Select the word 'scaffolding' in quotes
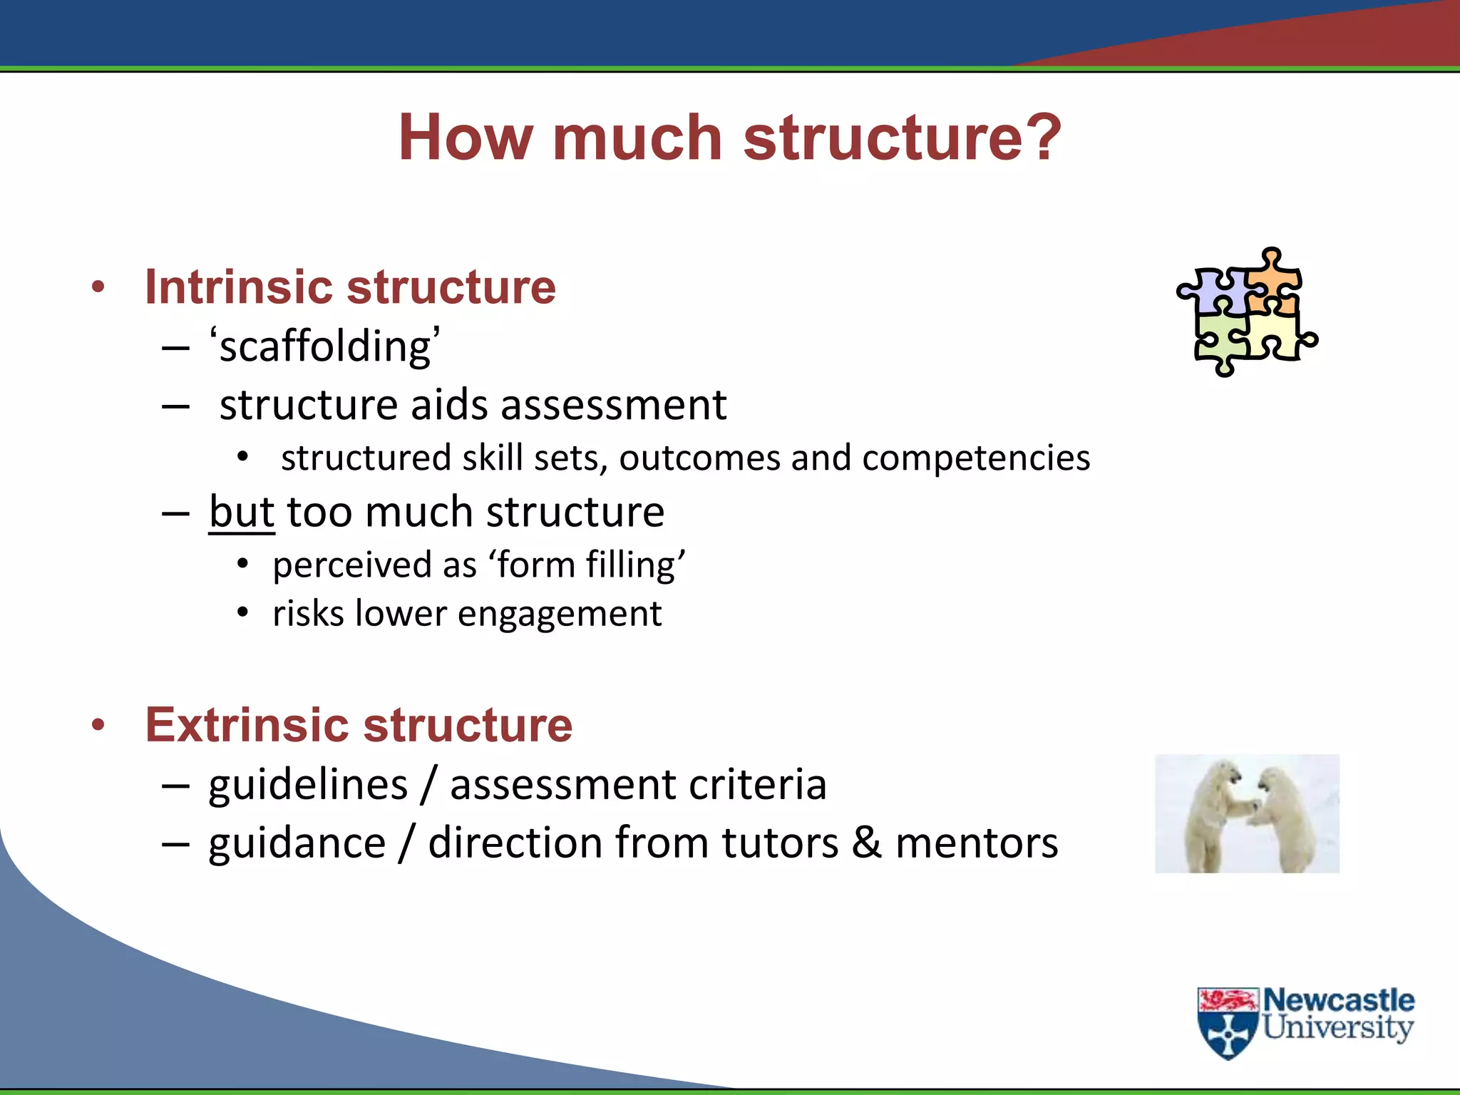(x=325, y=346)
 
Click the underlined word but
(x=242, y=512)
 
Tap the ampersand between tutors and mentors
(x=866, y=843)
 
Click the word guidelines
(x=308, y=784)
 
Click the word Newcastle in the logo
(x=1339, y=1000)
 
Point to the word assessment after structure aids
(x=614, y=405)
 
